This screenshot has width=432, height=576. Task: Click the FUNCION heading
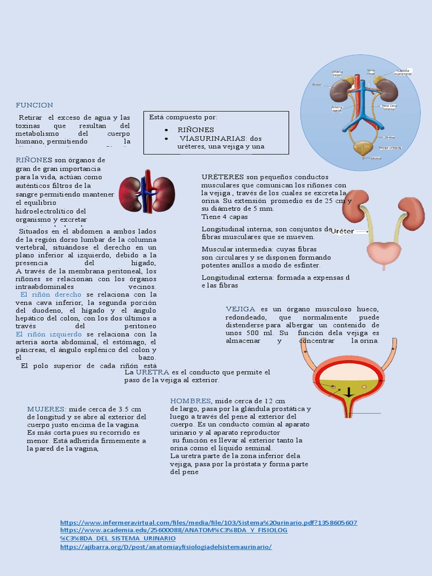click(x=34, y=105)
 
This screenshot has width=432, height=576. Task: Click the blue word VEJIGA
click(x=241, y=309)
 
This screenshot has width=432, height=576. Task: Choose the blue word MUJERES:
click(x=46, y=409)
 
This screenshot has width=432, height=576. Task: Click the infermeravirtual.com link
click(x=208, y=523)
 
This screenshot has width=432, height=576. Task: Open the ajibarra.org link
click(x=165, y=546)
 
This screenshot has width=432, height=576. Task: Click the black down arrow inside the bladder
click(x=349, y=392)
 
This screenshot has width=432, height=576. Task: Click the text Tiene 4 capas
click(x=224, y=217)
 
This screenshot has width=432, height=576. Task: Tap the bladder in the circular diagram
click(x=363, y=148)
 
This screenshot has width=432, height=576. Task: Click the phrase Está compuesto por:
click(x=183, y=117)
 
